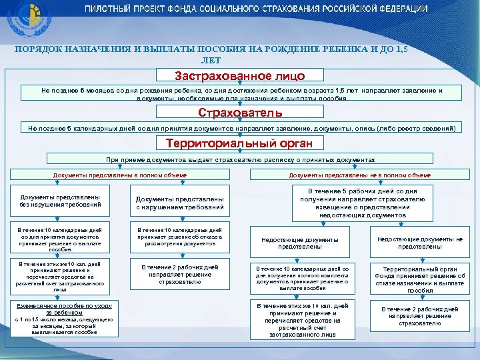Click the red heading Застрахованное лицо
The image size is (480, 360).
pyautogui.click(x=240, y=75)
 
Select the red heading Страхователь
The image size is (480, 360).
pyautogui.click(x=240, y=113)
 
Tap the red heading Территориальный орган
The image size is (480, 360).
pyautogui.click(x=240, y=143)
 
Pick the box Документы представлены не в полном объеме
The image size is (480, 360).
pyautogui.click(x=360, y=175)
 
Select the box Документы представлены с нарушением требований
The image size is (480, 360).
pyautogui.click(x=180, y=203)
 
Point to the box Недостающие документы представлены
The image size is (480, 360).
pyautogui.click(x=299, y=243)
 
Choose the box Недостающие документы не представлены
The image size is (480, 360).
pyautogui.click(x=420, y=243)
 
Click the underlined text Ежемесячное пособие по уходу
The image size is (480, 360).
pyautogui.click(x=60, y=307)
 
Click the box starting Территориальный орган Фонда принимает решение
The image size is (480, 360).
pyautogui.click(x=420, y=279)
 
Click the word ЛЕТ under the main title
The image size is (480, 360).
pyautogui.click(x=239, y=60)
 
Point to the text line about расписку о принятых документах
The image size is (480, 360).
pyautogui.click(x=240, y=160)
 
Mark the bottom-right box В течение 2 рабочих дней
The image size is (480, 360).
pyautogui.click(x=420, y=316)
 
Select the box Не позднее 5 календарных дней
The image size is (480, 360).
pyautogui.click(x=240, y=127)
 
